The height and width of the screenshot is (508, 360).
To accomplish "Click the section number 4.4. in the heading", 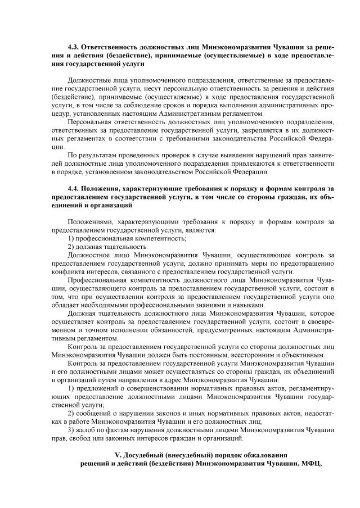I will tap(74, 188).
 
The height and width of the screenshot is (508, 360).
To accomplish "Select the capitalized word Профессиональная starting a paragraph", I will tap(97, 280).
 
